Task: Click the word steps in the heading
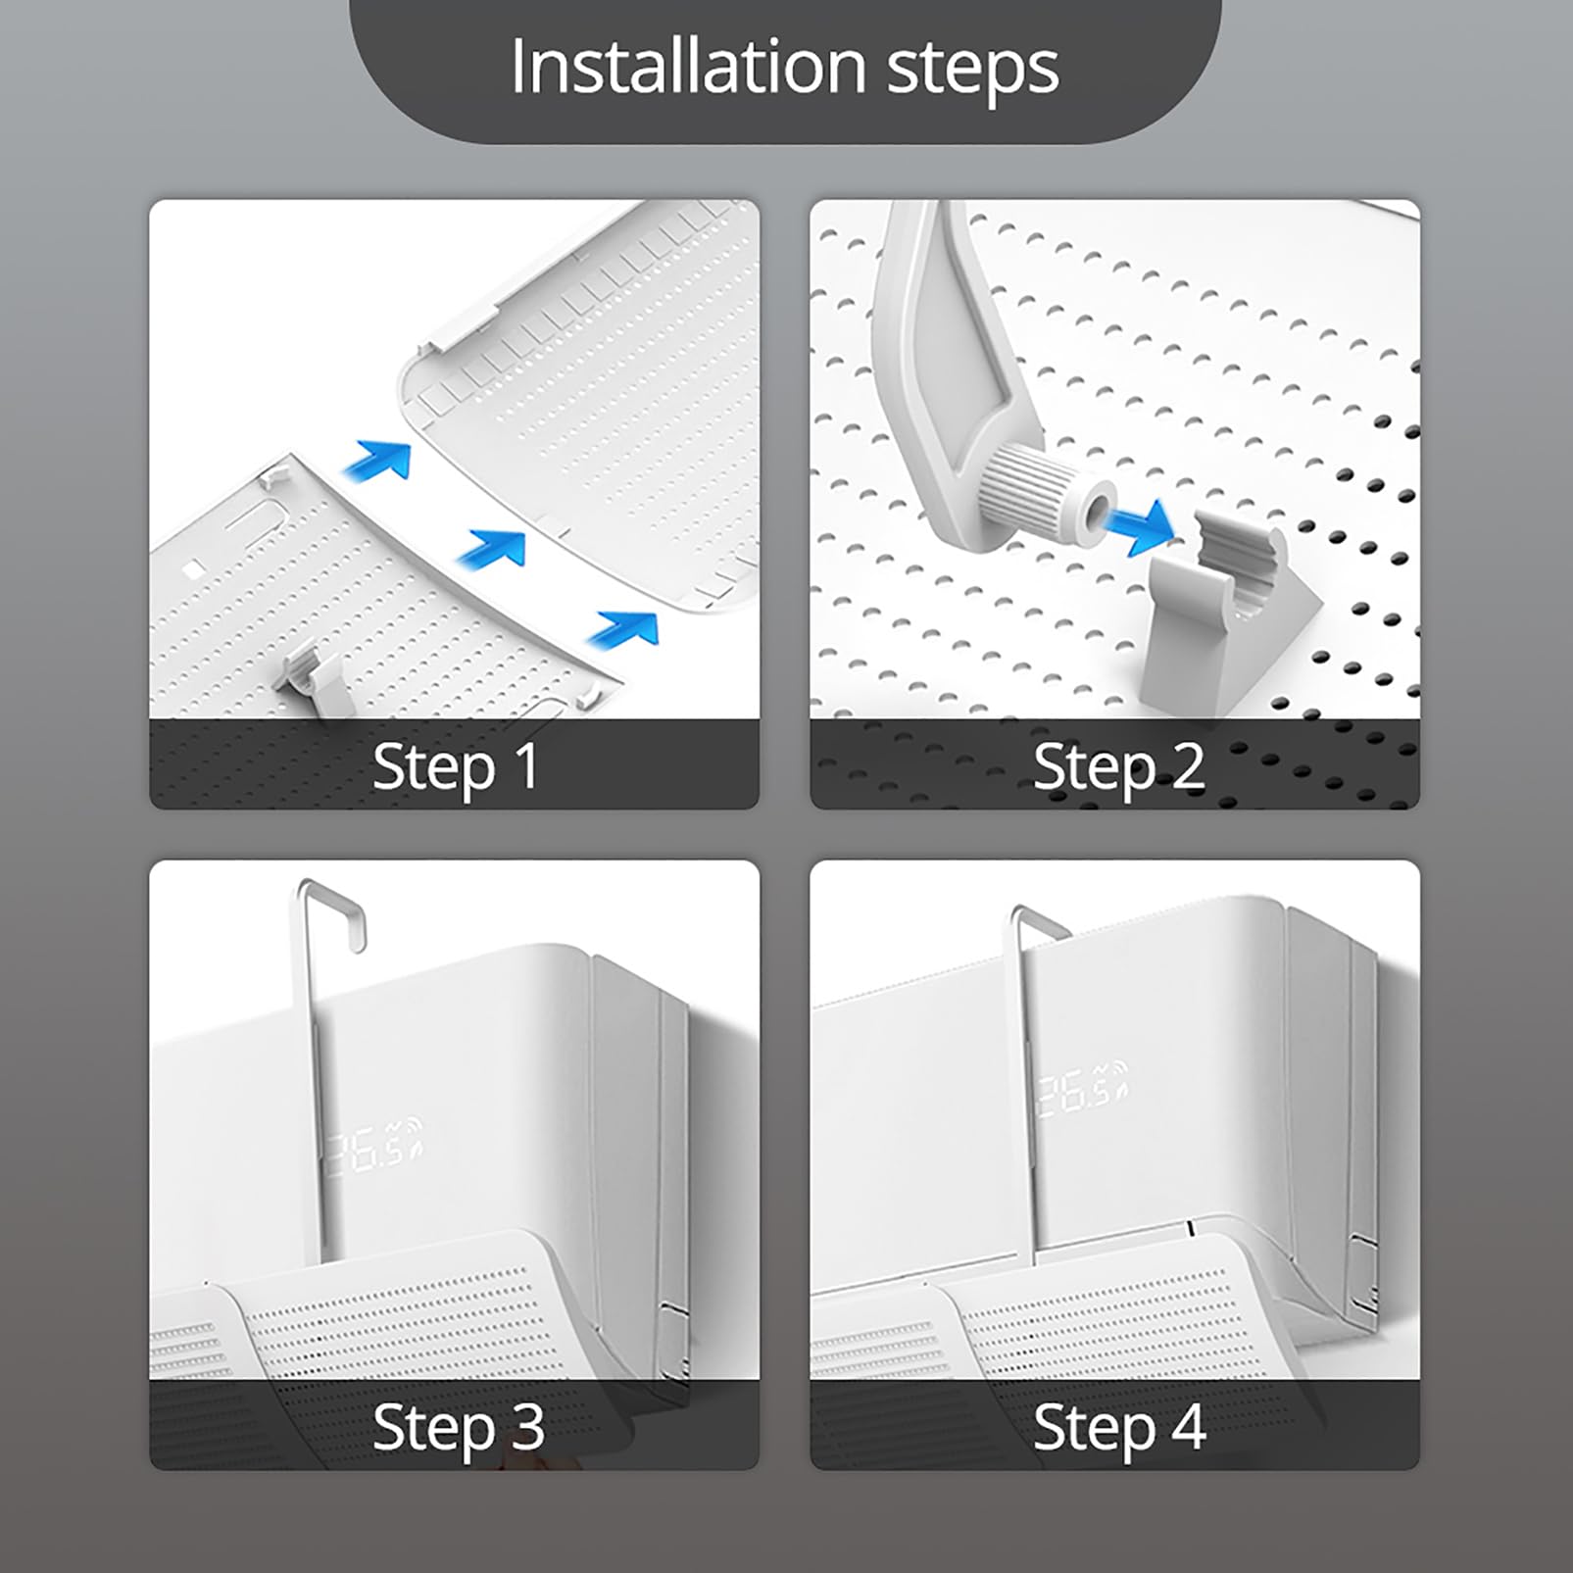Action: pyautogui.click(x=973, y=71)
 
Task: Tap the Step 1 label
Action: pyautogui.click(x=456, y=765)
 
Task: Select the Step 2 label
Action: pyautogui.click(x=1118, y=765)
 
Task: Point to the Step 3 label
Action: pyautogui.click(x=458, y=1426)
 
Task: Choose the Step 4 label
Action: pyautogui.click(x=1118, y=1426)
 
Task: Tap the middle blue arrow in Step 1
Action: pyautogui.click(x=492, y=547)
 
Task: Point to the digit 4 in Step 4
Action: pyautogui.click(x=1187, y=1426)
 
